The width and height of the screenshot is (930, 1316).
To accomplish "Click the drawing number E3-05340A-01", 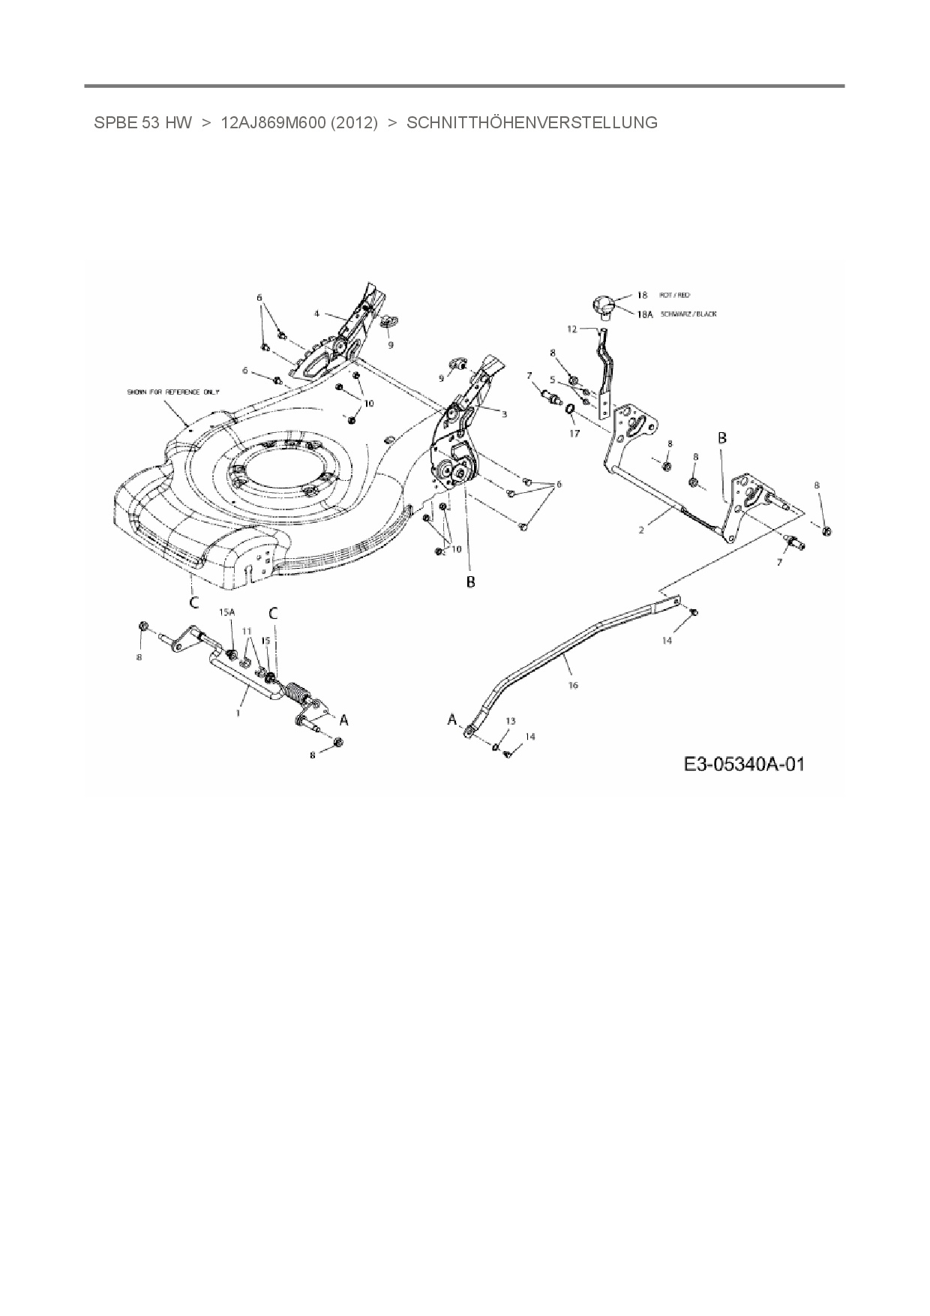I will [x=744, y=765].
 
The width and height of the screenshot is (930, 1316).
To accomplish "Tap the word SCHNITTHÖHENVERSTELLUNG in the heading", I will [x=532, y=123].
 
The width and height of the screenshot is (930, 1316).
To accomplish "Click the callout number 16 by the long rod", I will [x=574, y=685].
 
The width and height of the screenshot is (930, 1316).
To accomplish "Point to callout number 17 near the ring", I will [x=574, y=434].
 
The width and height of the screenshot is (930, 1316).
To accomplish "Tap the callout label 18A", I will [x=644, y=315].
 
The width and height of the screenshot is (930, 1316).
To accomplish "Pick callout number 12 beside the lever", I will [x=571, y=329].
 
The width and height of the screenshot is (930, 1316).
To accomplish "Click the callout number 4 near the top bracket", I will [x=316, y=313].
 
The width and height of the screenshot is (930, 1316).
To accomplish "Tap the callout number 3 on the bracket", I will [x=504, y=413].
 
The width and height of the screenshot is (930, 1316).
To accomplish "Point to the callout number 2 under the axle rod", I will [x=641, y=530].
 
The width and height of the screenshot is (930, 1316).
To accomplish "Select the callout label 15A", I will [x=226, y=612].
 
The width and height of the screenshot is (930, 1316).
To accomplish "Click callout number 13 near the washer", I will [x=510, y=721].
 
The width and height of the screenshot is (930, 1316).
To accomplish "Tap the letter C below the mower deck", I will [x=193, y=602].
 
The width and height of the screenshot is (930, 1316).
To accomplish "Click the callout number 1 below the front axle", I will [x=238, y=713].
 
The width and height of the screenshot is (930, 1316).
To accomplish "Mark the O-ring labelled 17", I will [x=570, y=409].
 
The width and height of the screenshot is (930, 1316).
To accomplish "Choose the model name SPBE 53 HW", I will [x=143, y=123].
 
